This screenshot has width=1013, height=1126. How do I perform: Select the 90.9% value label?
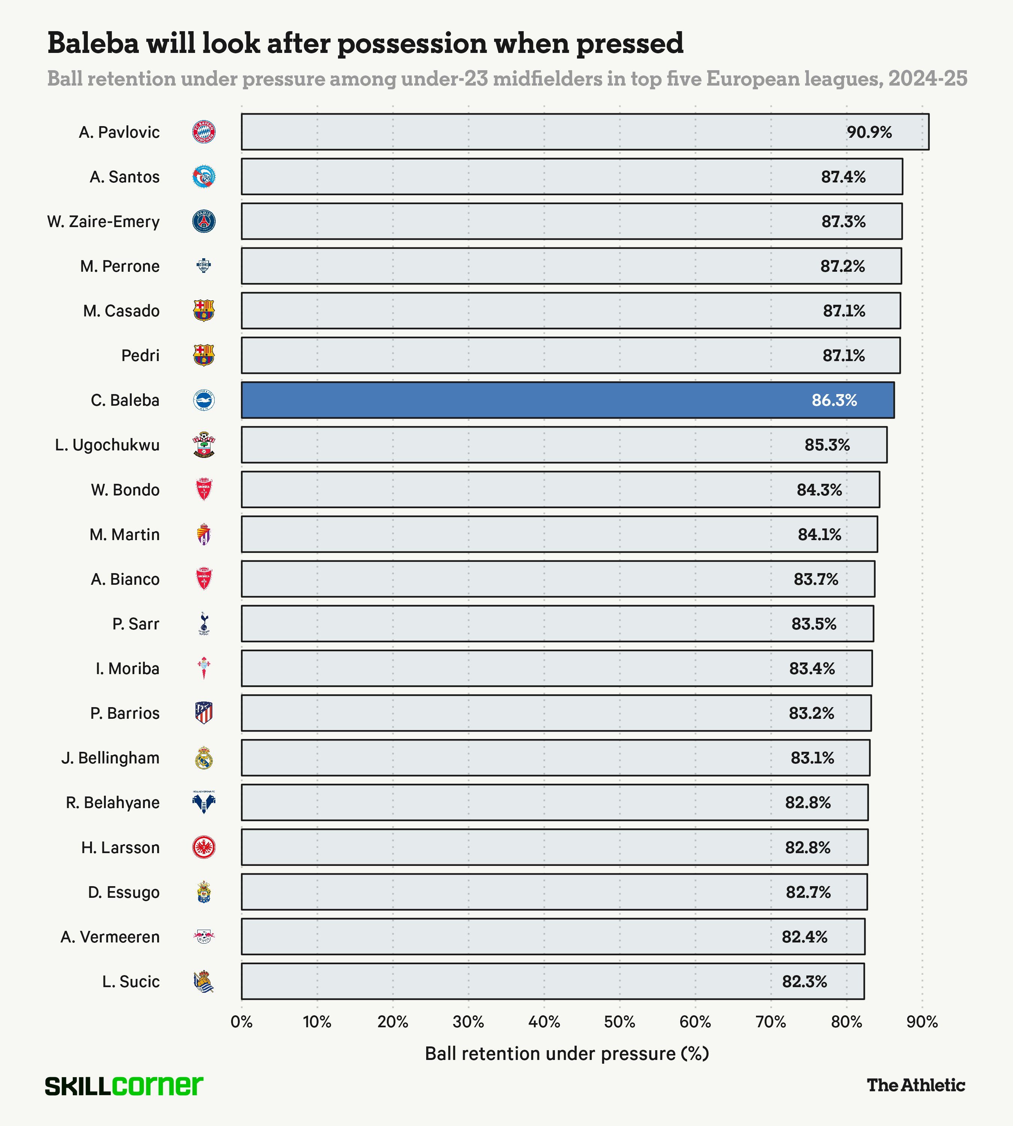(869, 132)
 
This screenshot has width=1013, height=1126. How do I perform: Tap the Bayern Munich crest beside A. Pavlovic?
(204, 132)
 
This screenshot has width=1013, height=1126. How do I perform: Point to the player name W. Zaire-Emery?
(104, 222)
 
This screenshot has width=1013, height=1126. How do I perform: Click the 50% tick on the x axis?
(619, 1022)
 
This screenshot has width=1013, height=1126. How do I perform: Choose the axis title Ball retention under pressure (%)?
(567, 1054)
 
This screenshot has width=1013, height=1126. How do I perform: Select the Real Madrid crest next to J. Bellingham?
(204, 758)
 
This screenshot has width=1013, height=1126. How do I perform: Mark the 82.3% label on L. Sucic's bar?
(804, 981)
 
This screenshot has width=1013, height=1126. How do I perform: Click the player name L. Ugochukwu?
(107, 445)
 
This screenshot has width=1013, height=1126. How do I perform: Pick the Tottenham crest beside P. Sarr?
(204, 624)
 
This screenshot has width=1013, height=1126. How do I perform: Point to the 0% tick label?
(242, 1022)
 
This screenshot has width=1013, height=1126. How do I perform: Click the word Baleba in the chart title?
(93, 44)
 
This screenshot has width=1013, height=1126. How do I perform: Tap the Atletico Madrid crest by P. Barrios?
(204, 713)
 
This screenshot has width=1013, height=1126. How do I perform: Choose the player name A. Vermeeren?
(110, 937)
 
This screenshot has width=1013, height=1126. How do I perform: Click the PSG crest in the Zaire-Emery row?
(204, 222)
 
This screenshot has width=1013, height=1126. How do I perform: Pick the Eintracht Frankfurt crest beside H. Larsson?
(204, 847)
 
